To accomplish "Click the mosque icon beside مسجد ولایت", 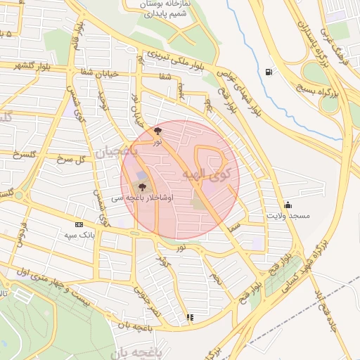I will tap(288, 205).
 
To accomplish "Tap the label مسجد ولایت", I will tap(288, 217).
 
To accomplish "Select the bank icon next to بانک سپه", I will tap(78, 224).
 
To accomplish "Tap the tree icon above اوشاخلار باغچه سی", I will tap(143, 187).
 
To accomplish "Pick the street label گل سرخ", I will tap(68, 159).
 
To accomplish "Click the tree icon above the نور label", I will tap(157, 131).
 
